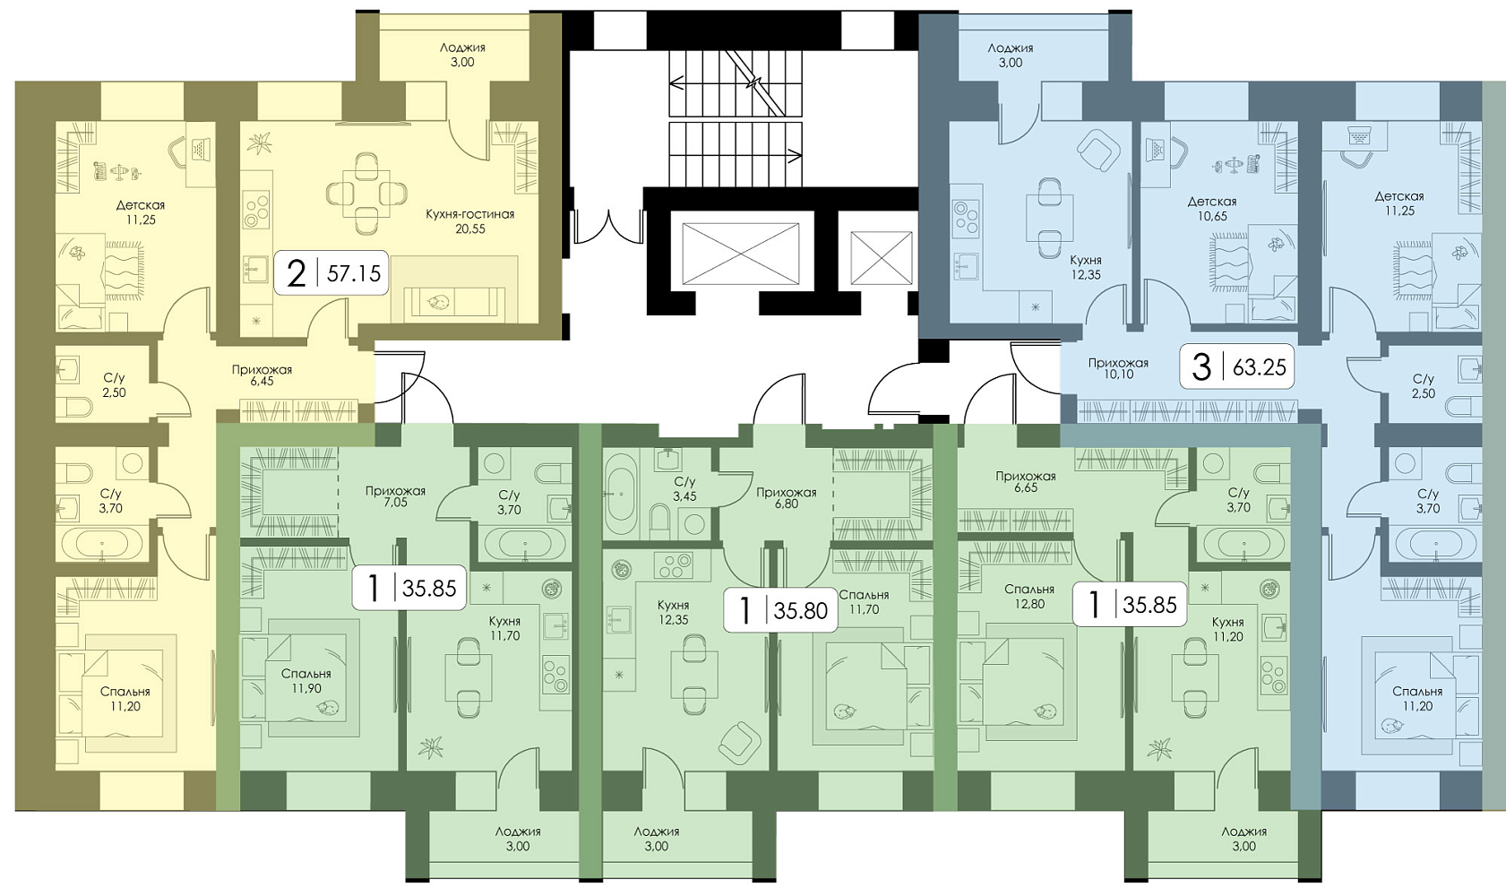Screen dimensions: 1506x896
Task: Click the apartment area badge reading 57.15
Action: coord(331,273)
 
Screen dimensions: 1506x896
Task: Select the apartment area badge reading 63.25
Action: coord(1237,367)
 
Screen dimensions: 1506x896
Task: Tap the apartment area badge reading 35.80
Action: coord(780,610)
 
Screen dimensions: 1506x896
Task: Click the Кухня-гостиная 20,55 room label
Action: coord(470,221)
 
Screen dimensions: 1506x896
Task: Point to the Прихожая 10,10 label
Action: coord(1118,368)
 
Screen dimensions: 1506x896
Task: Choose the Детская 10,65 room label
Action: coord(1211,209)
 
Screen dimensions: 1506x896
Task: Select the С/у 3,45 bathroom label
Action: coord(684,489)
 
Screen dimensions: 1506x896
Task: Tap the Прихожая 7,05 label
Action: coord(395,496)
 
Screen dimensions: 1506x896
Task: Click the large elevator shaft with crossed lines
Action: coord(740,254)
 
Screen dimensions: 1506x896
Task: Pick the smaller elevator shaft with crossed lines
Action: coord(881,258)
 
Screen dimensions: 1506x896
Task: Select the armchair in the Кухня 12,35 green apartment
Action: coord(739,744)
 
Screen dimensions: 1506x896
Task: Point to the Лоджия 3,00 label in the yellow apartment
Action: coord(462,56)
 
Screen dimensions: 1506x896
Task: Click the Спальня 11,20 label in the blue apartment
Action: coord(1417,698)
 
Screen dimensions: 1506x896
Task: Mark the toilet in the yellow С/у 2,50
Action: coord(77,407)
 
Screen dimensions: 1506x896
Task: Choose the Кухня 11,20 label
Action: coord(1227,629)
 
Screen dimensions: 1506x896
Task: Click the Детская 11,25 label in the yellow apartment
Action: coord(141,212)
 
